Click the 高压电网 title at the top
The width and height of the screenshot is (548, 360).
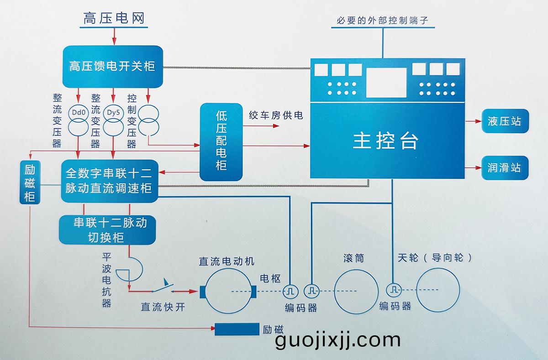114,18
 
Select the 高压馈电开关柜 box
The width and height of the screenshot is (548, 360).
112,67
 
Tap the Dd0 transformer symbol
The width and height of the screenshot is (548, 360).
79,120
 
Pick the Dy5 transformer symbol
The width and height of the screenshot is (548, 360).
113,120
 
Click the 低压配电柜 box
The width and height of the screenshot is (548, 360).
221,141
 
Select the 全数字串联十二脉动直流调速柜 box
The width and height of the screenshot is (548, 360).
110,181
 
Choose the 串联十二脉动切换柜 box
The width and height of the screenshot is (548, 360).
108,230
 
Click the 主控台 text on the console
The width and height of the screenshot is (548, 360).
385,141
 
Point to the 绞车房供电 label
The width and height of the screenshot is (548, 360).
276,115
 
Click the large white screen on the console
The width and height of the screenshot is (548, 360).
386,82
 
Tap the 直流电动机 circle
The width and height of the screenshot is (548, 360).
227,291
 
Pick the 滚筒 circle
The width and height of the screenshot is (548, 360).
356,291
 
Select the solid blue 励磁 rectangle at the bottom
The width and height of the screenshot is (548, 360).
237,329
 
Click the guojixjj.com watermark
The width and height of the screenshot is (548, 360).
338,340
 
